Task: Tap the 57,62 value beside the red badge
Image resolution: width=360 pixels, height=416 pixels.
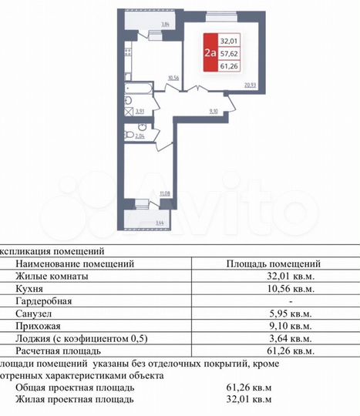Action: coord(229,54)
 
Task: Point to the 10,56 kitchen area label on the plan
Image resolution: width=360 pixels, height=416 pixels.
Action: coord(173,78)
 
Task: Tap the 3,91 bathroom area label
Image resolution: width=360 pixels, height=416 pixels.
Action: coord(140,112)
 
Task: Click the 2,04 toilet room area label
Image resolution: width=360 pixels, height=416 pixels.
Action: coord(139,136)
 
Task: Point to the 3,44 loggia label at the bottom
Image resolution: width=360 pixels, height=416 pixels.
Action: coord(160,223)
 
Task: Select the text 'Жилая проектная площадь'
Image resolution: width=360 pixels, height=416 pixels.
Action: coord(74,399)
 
